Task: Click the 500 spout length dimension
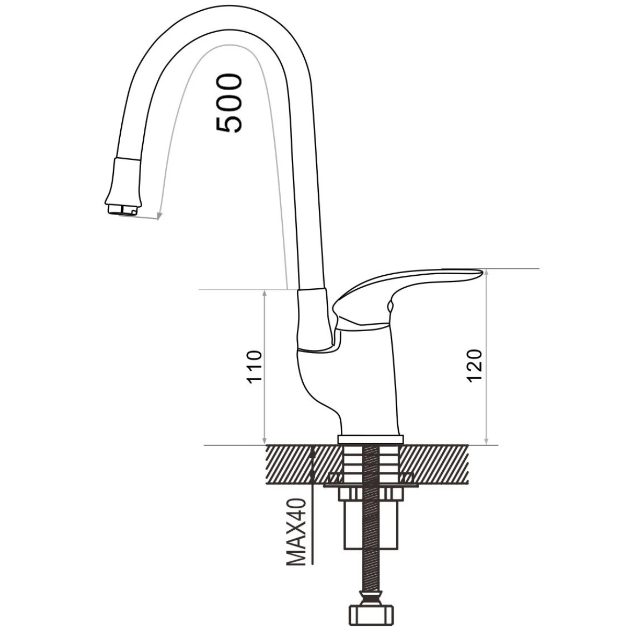point(229,103)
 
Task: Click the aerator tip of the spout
point(122,209)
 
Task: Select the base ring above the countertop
point(371,439)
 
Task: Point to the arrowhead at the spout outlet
point(159,216)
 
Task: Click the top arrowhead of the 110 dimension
point(265,294)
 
